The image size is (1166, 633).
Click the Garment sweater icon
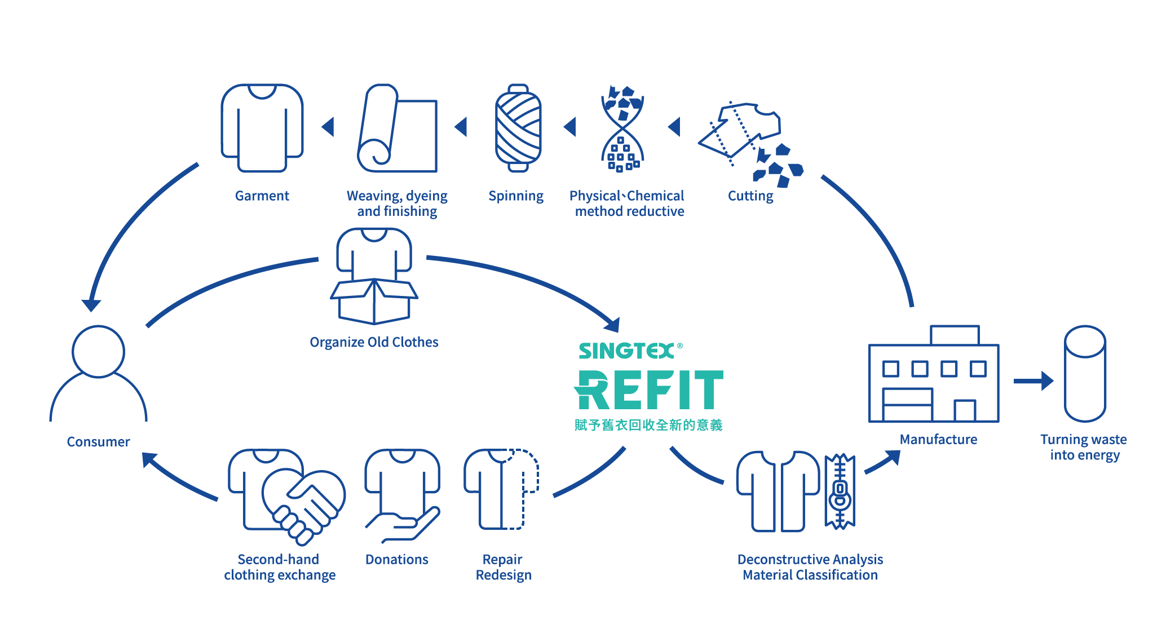(x=262, y=128)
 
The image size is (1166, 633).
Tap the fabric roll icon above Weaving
(x=397, y=128)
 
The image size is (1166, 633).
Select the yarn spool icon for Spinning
(x=518, y=128)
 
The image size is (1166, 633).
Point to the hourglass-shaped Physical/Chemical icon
(x=622, y=128)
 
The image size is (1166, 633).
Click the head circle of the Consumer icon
(x=98, y=351)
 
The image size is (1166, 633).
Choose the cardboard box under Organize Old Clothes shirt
(x=374, y=302)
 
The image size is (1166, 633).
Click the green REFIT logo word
(x=648, y=389)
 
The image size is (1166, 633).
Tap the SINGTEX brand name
(x=626, y=351)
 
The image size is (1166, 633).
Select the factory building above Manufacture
(x=934, y=374)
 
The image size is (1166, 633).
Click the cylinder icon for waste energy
(x=1085, y=373)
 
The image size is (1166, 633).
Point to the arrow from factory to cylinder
(x=1033, y=381)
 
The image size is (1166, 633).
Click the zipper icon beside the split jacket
(x=840, y=492)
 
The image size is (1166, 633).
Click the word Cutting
(x=750, y=196)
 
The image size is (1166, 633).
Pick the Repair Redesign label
(x=503, y=567)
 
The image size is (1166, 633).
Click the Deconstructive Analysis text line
(x=810, y=559)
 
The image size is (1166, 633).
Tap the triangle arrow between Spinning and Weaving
(x=461, y=127)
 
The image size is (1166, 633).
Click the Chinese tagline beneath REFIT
(x=648, y=425)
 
